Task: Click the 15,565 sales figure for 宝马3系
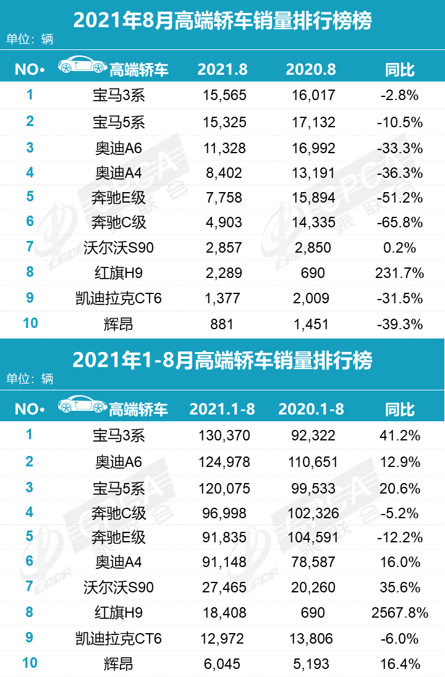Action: click(x=224, y=95)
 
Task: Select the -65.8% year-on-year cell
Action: click(x=399, y=222)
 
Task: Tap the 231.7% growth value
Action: click(x=399, y=273)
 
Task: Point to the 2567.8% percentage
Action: click(x=399, y=613)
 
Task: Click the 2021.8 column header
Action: click(x=222, y=69)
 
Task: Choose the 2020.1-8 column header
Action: click(x=311, y=409)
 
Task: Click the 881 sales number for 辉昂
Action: click(x=224, y=324)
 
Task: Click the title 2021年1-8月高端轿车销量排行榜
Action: click(x=222, y=361)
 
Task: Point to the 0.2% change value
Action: click(x=399, y=248)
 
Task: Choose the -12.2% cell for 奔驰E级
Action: click(x=399, y=537)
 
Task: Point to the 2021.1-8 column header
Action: click(x=222, y=409)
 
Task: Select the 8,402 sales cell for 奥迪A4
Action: click(x=224, y=172)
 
